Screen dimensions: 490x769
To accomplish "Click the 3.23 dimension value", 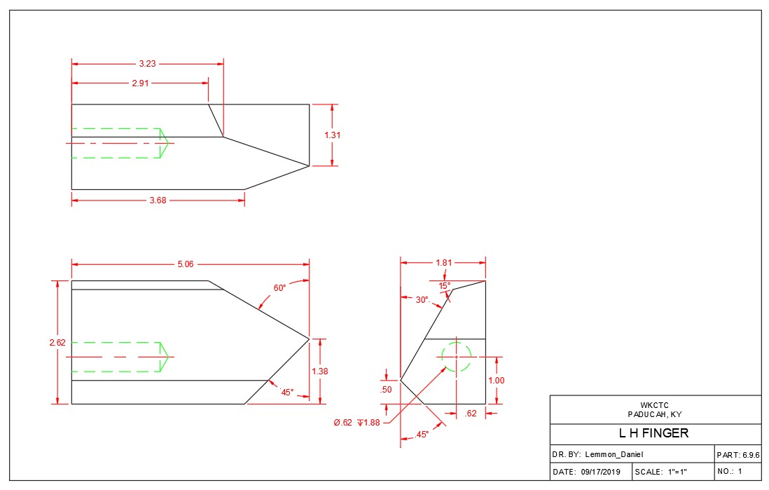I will [146, 64].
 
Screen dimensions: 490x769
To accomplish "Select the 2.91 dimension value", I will [140, 83].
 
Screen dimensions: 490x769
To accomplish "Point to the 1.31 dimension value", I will [333, 135].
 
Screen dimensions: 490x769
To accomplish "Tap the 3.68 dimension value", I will [158, 200].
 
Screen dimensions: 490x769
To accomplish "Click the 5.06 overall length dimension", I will [186, 264].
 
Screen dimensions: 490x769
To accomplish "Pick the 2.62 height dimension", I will [57, 343].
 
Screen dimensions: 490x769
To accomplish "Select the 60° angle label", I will [279, 287].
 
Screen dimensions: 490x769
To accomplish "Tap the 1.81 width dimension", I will [443, 263].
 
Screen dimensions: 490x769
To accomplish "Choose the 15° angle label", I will [445, 285].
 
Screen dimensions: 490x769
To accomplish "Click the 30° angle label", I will [422, 300].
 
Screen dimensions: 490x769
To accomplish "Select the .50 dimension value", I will [385, 390].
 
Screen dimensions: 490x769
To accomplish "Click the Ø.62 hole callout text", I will [342, 422].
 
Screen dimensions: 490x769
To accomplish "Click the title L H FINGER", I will [654, 433].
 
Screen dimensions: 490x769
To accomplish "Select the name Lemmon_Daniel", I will [614, 455].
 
